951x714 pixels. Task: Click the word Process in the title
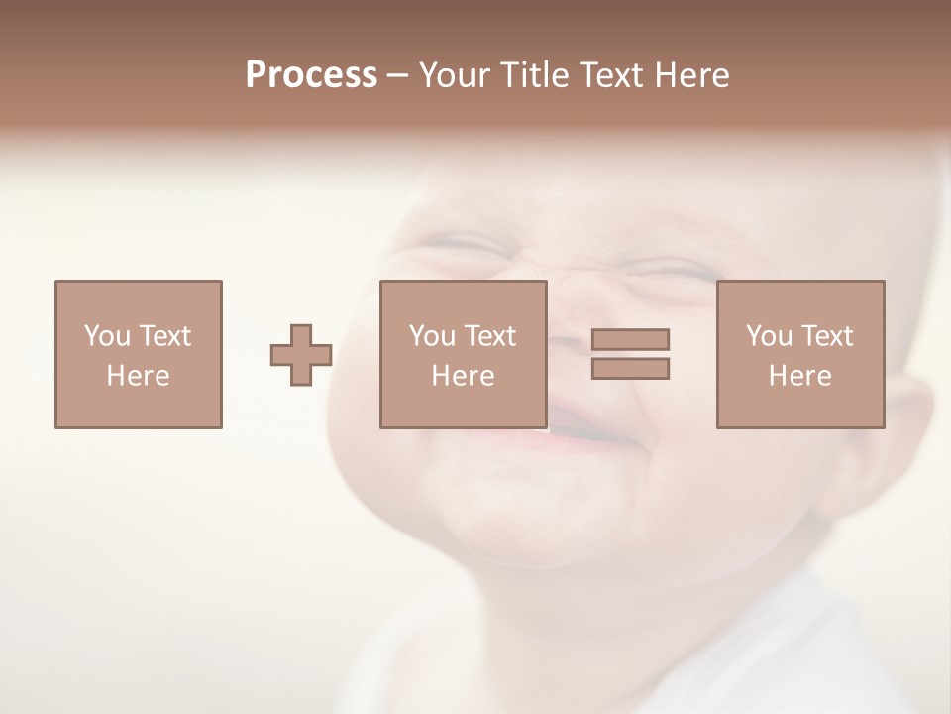(311, 75)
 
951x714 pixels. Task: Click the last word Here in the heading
(692, 75)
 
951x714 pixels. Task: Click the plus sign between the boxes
(301, 355)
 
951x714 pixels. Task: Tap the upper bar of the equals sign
(630, 339)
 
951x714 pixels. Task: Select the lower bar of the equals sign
(630, 368)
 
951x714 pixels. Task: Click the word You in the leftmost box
(107, 336)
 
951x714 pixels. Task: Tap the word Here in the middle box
(464, 376)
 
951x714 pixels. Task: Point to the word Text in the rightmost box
(827, 336)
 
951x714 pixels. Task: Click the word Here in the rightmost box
(800, 376)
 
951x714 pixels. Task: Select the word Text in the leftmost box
(165, 336)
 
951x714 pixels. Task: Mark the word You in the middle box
(432, 336)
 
